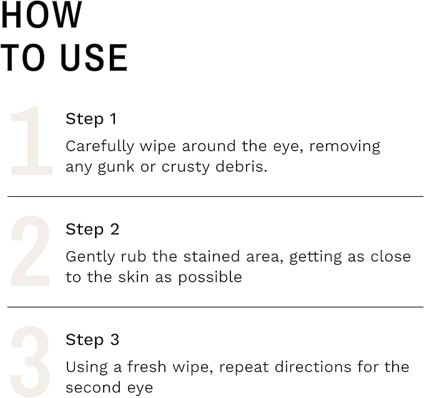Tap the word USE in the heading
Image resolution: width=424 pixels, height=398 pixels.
94,58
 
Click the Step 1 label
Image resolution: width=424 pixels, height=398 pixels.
91,119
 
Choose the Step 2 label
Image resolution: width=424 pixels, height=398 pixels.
92,229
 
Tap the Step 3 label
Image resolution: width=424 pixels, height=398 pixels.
92,340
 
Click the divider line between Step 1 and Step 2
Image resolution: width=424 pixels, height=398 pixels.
215,196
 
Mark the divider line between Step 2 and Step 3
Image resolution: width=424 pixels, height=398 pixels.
215,307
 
